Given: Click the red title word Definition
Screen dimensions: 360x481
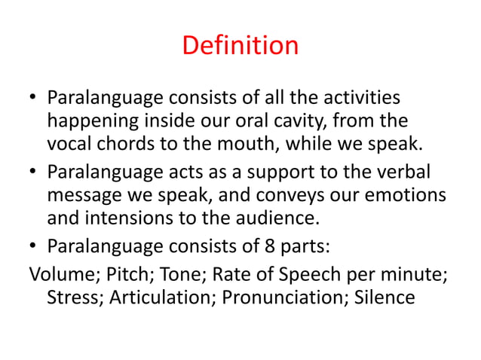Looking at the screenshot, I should [240, 47].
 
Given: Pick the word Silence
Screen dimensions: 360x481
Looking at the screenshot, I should [383, 296].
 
